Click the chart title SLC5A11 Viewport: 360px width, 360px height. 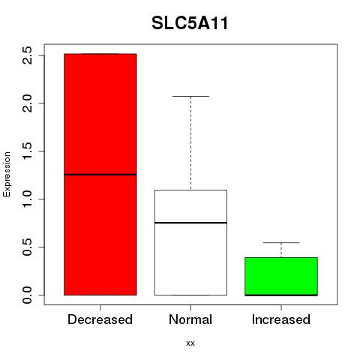click(190, 23)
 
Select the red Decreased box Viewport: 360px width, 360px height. click(100, 175)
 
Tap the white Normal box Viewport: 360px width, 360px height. click(190, 242)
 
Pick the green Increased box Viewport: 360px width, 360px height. click(281, 276)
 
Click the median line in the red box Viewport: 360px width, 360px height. click(100, 175)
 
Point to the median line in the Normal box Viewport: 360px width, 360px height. click(190, 223)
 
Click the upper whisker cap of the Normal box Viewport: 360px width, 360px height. click(190, 96)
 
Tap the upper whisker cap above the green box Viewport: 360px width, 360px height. click(281, 242)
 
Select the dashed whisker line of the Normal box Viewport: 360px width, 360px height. click(190, 143)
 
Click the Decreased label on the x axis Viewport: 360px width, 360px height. click(100, 319)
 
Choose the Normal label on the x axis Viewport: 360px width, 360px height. click(190, 319)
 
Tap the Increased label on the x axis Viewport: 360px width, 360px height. click(281, 319)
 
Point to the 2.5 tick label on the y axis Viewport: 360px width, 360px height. click(27, 55)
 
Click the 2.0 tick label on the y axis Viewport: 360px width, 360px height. click(27, 103)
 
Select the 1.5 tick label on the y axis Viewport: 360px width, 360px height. click(27, 151)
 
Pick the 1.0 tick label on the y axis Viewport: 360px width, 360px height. click(27, 199)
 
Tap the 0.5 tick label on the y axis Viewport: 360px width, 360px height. click(27, 247)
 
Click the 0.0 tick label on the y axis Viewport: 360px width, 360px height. click(27, 295)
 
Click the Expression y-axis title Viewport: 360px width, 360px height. click(7, 174)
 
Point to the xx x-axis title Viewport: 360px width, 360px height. click(190, 343)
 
